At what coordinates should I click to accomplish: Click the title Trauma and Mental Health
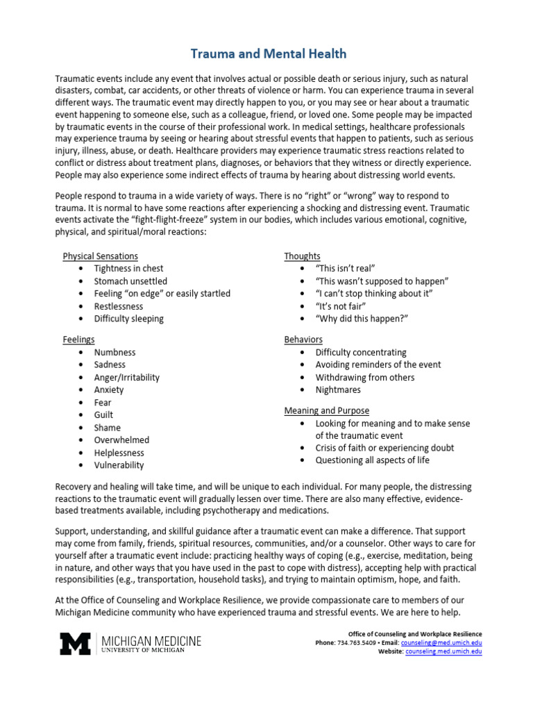pyautogui.click(x=268, y=53)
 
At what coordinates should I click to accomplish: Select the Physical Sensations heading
pyautogui.click(x=100, y=256)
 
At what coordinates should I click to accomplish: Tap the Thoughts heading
pyautogui.click(x=302, y=256)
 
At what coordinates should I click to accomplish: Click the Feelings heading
pyautogui.click(x=78, y=340)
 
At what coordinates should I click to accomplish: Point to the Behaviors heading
pyautogui.click(x=303, y=340)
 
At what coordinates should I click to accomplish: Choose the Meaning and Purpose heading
pyautogui.click(x=326, y=410)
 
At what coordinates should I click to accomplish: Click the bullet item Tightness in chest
pyautogui.click(x=129, y=269)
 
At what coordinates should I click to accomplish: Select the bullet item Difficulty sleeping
pyautogui.click(x=129, y=319)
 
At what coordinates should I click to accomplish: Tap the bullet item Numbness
pyautogui.click(x=115, y=352)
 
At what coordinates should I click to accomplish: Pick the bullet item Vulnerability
pyautogui.click(x=119, y=465)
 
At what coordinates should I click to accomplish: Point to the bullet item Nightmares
pyautogui.click(x=338, y=390)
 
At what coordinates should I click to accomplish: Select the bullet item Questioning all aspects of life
pyautogui.click(x=372, y=460)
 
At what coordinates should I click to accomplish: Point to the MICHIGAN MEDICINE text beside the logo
pyautogui.click(x=151, y=640)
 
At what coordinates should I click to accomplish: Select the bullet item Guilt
pyautogui.click(x=103, y=415)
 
